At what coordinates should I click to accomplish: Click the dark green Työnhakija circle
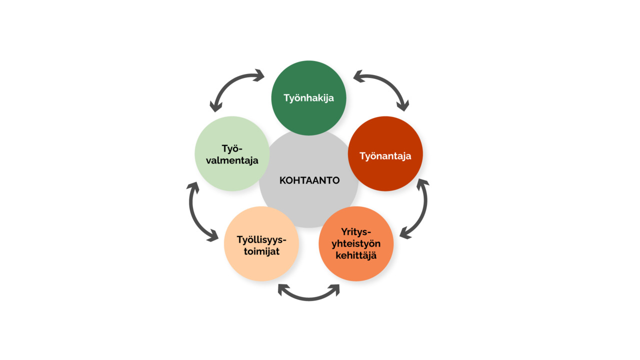pos(308,97)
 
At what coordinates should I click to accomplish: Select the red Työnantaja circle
pos(385,153)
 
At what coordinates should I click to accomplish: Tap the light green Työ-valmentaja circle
pos(232,153)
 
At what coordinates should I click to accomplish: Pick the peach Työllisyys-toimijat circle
pos(261,243)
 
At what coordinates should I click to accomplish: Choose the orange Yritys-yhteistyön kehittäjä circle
pos(356,243)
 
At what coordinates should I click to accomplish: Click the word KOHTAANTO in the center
pos(309,180)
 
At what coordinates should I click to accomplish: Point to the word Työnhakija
pos(308,98)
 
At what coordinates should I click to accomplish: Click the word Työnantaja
pos(385,156)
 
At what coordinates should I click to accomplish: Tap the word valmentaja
pos(232,160)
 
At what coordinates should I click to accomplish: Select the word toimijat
pos(261,251)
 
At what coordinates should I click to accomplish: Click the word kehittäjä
pos(356,255)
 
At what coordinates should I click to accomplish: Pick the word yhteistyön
pos(356,243)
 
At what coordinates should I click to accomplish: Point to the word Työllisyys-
pos(261,239)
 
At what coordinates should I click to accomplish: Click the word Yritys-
pos(356,231)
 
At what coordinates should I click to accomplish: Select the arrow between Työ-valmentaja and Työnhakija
pos(228,83)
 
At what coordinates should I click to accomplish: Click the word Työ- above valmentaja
pos(232,149)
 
